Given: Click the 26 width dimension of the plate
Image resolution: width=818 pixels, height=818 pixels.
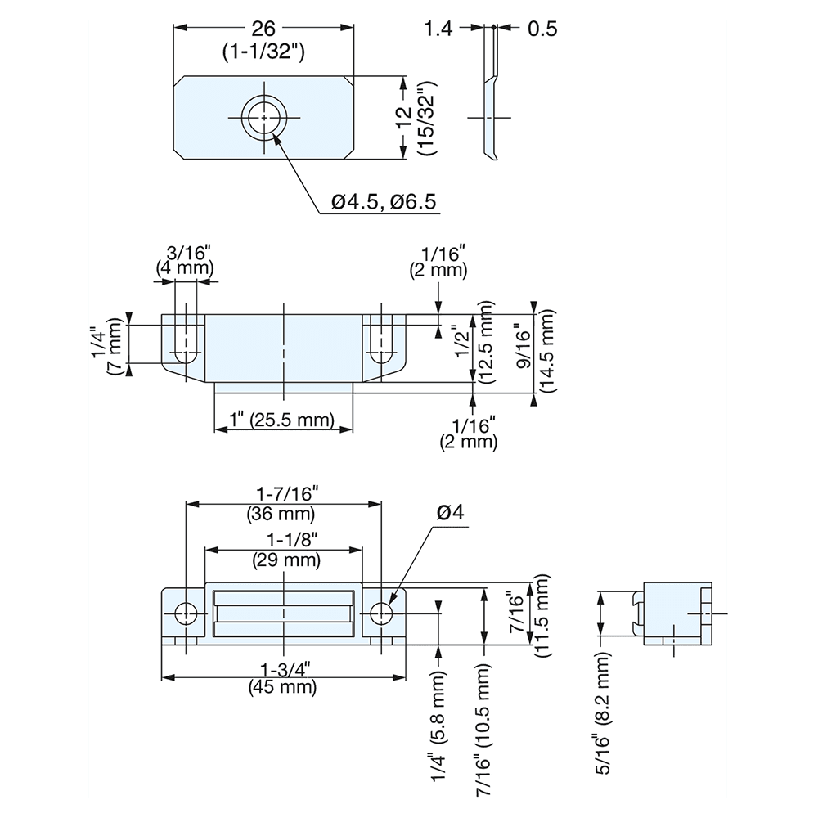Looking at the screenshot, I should [x=263, y=29].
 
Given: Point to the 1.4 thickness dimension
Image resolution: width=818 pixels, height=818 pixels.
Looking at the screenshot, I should [x=438, y=29].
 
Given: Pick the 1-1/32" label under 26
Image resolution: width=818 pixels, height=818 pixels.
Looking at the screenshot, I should [x=263, y=52].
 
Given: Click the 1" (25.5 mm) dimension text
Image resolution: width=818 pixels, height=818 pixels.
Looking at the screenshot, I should [x=283, y=421].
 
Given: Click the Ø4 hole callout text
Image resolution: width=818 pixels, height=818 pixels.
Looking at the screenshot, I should [x=450, y=513].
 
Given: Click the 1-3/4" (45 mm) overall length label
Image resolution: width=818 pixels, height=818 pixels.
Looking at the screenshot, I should [x=283, y=678].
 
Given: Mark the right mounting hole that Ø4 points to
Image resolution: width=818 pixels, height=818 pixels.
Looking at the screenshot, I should [x=381, y=613].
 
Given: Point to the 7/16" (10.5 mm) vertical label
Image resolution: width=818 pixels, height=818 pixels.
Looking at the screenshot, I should [x=486, y=728].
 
